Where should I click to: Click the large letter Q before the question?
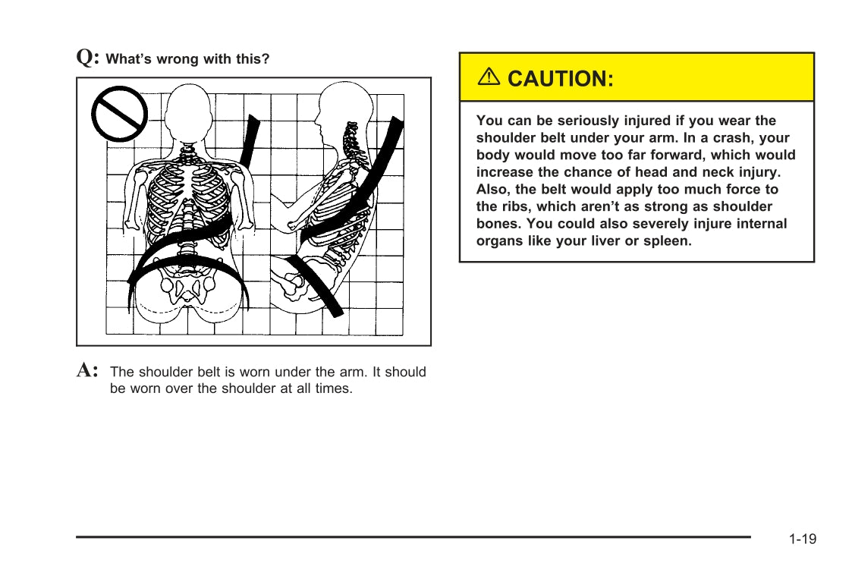[87, 58]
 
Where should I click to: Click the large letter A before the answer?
[87, 370]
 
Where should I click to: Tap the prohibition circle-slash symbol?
[119, 115]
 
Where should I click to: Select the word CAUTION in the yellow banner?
[560, 78]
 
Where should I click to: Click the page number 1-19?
[801, 539]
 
